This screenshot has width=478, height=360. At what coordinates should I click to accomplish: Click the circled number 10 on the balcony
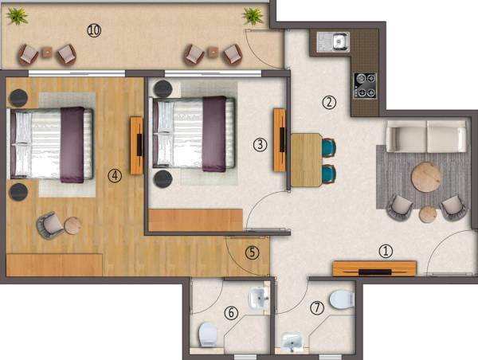94,30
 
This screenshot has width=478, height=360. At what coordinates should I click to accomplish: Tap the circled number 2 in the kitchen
328,101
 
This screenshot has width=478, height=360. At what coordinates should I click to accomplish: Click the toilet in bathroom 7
342,299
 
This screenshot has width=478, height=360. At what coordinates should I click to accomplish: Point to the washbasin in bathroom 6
260,299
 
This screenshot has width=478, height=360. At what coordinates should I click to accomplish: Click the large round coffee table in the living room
426,174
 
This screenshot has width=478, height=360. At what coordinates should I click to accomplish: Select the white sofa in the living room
427,136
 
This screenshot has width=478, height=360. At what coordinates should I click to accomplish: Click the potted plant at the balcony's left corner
17,14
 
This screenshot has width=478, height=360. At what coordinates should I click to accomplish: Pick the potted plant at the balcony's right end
253,15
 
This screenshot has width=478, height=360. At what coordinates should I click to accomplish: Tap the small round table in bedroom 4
72,225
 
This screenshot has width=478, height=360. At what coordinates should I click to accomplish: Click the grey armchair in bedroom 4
49,225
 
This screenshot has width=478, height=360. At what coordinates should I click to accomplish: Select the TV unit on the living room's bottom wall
374,268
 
